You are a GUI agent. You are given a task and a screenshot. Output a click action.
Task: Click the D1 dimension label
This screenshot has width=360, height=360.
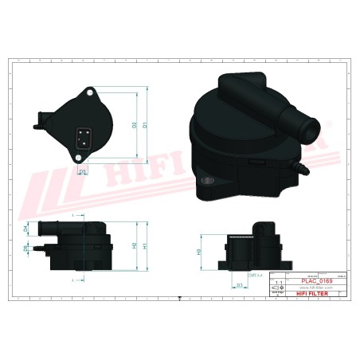pyautogui.click(x=147, y=125)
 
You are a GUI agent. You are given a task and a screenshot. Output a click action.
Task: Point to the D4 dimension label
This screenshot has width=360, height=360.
pyautogui.click(x=25, y=229)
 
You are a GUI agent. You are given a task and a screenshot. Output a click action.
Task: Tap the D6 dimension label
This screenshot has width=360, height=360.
pyautogui.click(x=25, y=249)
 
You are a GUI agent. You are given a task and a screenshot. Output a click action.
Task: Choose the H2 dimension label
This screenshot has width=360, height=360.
pyautogui.click(x=134, y=245)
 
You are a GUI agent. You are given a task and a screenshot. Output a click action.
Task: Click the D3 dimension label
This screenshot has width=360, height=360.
pyautogui.click(x=240, y=284)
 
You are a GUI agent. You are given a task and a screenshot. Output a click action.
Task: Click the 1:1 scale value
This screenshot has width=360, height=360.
pyautogui.click(x=278, y=281)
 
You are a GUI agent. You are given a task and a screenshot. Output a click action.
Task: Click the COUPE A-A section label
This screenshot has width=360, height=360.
pyautogui.click(x=256, y=273)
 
